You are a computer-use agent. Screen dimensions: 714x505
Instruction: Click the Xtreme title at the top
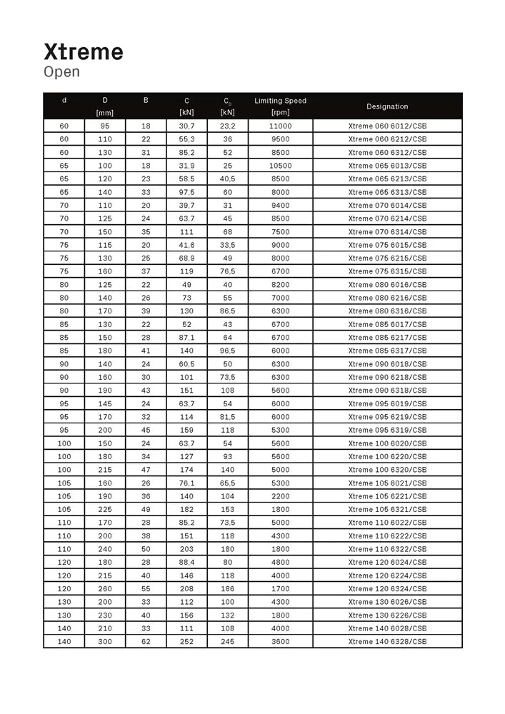(84, 51)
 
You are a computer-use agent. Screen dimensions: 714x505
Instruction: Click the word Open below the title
(62, 72)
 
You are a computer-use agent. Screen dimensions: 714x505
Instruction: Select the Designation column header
(387, 106)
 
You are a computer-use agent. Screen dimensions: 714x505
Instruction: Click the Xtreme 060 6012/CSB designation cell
(387, 126)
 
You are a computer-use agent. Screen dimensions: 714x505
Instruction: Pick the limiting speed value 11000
(280, 126)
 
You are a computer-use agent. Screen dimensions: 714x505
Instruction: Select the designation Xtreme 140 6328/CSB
(387, 642)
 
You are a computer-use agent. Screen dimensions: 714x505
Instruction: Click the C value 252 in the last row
(186, 642)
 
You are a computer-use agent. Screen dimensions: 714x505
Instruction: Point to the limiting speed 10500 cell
(280, 166)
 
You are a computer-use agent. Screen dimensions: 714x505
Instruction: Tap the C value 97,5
(186, 192)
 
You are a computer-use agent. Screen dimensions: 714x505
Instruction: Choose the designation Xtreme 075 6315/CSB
(387, 271)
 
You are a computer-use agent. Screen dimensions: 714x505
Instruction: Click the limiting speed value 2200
(280, 496)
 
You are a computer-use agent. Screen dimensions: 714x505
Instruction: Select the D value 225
(105, 510)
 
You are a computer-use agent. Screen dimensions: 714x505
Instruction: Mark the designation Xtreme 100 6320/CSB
(387, 470)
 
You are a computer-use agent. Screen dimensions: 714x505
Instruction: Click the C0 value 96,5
(227, 351)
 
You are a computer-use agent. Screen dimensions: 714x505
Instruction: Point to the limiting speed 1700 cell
(280, 589)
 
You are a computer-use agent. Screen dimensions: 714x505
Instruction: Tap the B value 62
(146, 642)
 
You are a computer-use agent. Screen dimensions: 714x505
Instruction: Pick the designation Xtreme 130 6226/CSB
(387, 615)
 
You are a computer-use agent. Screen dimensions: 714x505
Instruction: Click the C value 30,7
(186, 126)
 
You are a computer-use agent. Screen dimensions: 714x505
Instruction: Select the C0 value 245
(227, 642)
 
